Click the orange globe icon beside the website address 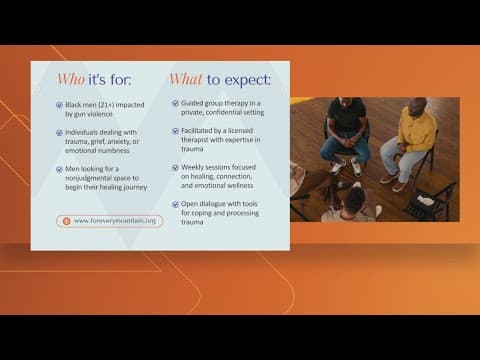(x=66, y=221)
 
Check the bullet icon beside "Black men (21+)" (x=62, y=105)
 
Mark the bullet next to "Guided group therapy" (x=175, y=103)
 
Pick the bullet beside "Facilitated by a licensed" (x=175, y=130)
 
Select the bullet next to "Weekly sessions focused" (x=175, y=167)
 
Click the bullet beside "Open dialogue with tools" (x=175, y=203)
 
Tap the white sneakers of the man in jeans (x=345, y=165)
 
